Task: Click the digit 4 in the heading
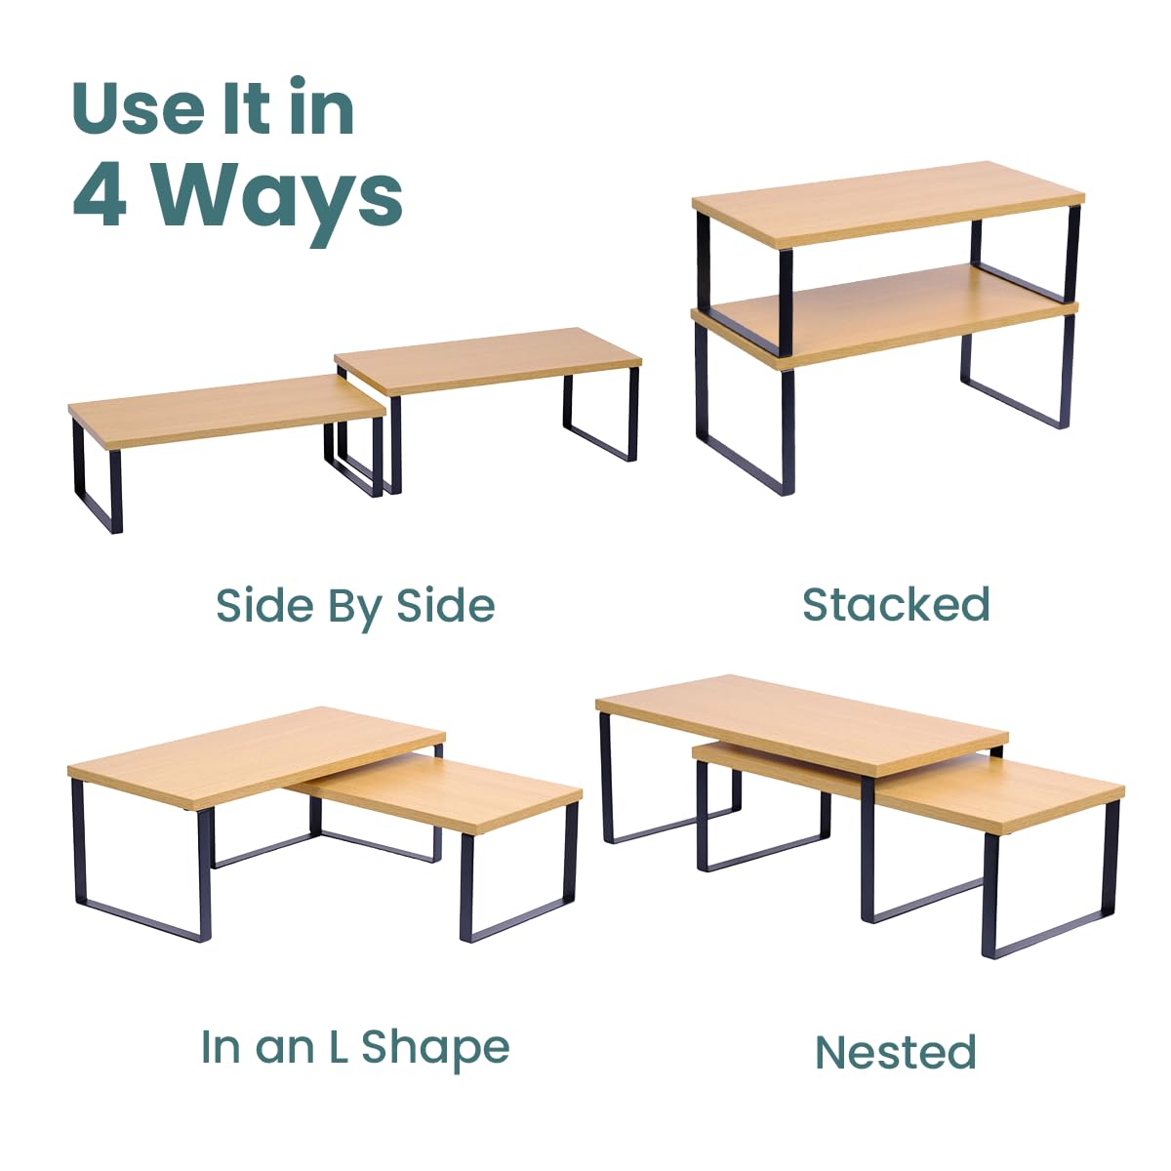[x=100, y=197]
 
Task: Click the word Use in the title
[x=140, y=108]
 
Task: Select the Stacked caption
[x=897, y=604]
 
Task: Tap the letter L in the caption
[x=339, y=1046]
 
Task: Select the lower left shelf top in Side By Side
[x=226, y=410]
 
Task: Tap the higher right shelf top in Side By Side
[x=488, y=360]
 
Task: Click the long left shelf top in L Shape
[x=257, y=758]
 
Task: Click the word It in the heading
[x=246, y=108]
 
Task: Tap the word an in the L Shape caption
[x=285, y=1052]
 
